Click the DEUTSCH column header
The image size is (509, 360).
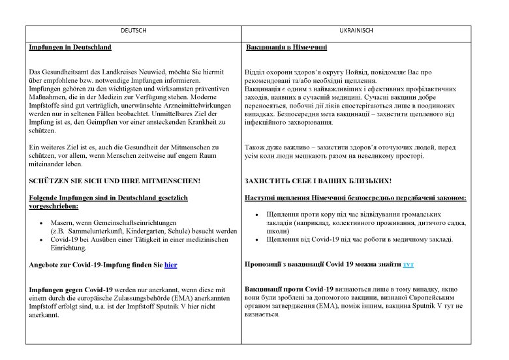pyautogui.click(x=134, y=31)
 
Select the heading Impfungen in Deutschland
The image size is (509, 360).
pyautogui.click(x=70, y=48)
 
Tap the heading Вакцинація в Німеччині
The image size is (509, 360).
pyautogui.click(x=286, y=48)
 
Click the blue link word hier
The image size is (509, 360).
pyautogui.click(x=171, y=264)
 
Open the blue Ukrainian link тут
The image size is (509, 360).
pyautogui.click(x=409, y=264)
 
